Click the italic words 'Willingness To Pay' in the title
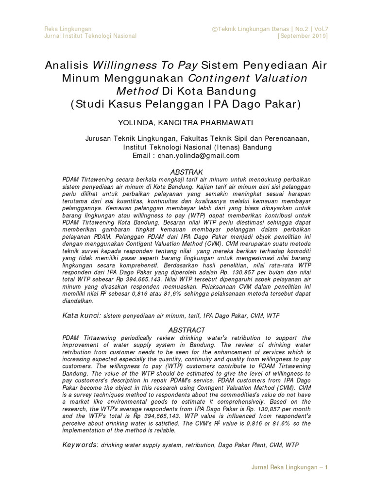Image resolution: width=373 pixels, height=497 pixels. pyautogui.click(x=145, y=66)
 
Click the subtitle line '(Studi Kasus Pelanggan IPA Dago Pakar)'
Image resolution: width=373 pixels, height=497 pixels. pyautogui.click(x=186, y=103)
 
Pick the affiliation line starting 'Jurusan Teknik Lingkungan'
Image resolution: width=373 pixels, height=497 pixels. pyautogui.click(x=197, y=138)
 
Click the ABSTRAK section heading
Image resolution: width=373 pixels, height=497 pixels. pyautogui.click(x=186, y=172)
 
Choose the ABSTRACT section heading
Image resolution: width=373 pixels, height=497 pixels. pyautogui.click(x=186, y=330)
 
